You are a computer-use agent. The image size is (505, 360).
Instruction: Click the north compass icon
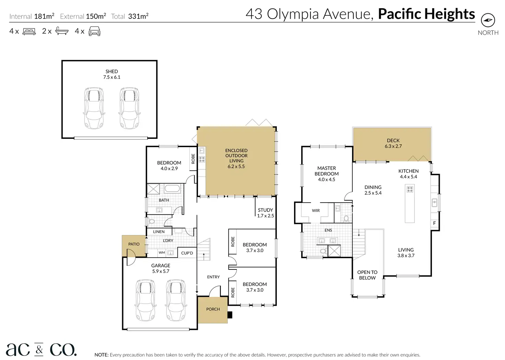point(488,20)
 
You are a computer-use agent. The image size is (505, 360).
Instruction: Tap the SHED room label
point(111,71)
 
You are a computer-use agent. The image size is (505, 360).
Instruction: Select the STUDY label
point(265,210)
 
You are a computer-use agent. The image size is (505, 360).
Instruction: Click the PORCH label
point(213,309)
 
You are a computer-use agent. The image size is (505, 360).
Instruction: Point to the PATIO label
point(134,244)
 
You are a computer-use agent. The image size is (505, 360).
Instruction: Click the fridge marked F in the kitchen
point(434,223)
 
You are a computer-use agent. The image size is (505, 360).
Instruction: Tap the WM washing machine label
point(162,253)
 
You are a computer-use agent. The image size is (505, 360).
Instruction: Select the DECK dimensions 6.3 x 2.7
point(393,146)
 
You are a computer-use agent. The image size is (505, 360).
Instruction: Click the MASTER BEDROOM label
point(327,171)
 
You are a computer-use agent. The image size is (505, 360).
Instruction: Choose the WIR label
point(316,211)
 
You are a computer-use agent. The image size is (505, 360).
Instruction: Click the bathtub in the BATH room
point(172,189)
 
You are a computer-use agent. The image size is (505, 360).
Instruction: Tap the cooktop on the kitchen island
point(410,189)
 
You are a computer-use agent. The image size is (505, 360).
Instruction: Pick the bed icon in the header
point(29,31)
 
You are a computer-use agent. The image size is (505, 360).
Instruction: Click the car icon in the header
point(94,31)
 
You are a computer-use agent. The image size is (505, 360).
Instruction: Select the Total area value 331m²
point(138,16)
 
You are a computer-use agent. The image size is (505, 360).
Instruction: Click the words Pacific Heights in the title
point(426,14)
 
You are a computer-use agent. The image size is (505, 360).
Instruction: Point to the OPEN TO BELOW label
point(367,275)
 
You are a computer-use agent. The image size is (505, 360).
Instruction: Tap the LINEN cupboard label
point(159,231)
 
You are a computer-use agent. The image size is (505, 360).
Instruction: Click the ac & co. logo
point(41,349)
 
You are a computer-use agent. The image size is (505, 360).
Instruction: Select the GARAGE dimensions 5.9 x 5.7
point(161,271)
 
